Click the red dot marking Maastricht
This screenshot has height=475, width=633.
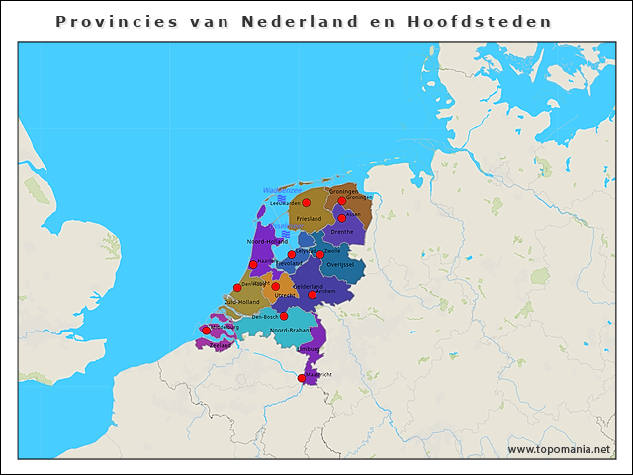pyautogui.click(x=302, y=378)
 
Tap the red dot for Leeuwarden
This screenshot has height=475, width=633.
pyautogui.click(x=307, y=203)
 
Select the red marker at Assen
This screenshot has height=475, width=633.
pyautogui.click(x=342, y=217)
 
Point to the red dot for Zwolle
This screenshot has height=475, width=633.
pyautogui.click(x=320, y=254)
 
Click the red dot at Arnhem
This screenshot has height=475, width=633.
pyautogui.click(x=312, y=294)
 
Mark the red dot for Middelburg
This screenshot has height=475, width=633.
pyautogui.click(x=206, y=330)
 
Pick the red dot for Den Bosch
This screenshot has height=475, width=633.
pyautogui.click(x=284, y=317)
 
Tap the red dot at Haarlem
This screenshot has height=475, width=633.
pyautogui.click(x=253, y=264)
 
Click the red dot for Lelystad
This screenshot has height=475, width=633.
pyautogui.click(x=291, y=254)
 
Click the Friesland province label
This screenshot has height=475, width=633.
pyautogui.click(x=309, y=218)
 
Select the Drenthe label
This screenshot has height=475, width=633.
pyautogui.click(x=341, y=232)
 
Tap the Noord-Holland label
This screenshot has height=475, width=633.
pyautogui.click(x=266, y=241)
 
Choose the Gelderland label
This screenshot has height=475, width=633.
pyautogui.click(x=309, y=286)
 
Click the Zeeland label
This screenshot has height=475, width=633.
pyautogui.click(x=220, y=345)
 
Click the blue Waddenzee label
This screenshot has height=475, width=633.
pyautogui.click(x=281, y=189)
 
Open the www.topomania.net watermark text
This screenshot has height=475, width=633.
pyautogui.click(x=559, y=449)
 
